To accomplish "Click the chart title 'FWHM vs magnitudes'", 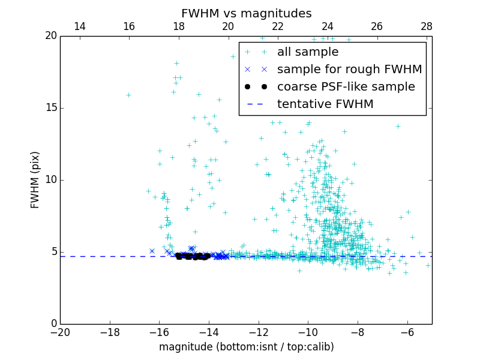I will [x=246, y=13].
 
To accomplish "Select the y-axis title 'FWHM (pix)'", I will [x=35, y=179].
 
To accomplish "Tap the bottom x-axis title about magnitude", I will [x=246, y=347].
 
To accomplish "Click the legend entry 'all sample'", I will [x=307, y=52].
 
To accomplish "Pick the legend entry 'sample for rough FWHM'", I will [x=349, y=70].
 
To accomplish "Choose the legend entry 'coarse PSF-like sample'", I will [x=346, y=87].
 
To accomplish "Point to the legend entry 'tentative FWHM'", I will [x=325, y=104].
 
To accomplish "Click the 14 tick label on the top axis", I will [x=79, y=26].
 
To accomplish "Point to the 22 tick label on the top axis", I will [x=278, y=26].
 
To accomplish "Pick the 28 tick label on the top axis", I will [x=427, y=26].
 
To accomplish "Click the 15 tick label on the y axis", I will [x=51, y=108].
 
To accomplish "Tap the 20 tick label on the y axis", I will [x=51, y=36].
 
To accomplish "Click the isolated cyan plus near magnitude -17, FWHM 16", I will [x=128, y=95].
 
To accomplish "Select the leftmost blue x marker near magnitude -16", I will [x=152, y=251].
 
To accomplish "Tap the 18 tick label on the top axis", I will [x=179, y=26].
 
